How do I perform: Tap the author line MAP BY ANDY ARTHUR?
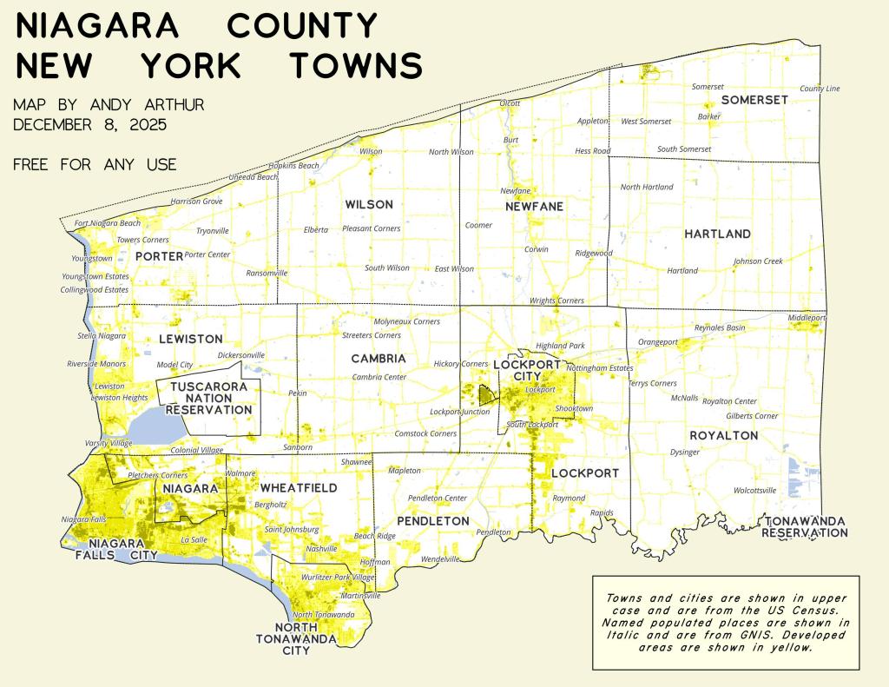pyautogui.click(x=109, y=105)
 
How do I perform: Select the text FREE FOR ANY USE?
pyautogui.click(x=95, y=164)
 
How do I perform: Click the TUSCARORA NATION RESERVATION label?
pyautogui.click(x=208, y=398)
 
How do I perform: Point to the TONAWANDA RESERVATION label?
pyautogui.click(x=803, y=526)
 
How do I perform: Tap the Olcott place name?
pyautogui.click(x=510, y=103)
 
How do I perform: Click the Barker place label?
pyautogui.click(x=708, y=116)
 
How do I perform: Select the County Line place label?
pyautogui.click(x=820, y=89)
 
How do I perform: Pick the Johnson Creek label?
pyautogui.click(x=758, y=261)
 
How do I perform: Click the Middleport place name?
pyautogui.click(x=807, y=318)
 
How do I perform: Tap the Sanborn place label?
pyautogui.click(x=298, y=447)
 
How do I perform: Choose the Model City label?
pyautogui.click(x=175, y=365)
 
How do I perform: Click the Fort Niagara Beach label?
pyautogui.click(x=108, y=223)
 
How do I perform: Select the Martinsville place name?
pyautogui.click(x=360, y=596)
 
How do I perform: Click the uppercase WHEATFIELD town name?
pyautogui.click(x=299, y=488)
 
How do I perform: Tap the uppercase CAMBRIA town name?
pyautogui.click(x=379, y=358)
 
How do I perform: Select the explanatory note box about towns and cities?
pyautogui.click(x=725, y=622)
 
